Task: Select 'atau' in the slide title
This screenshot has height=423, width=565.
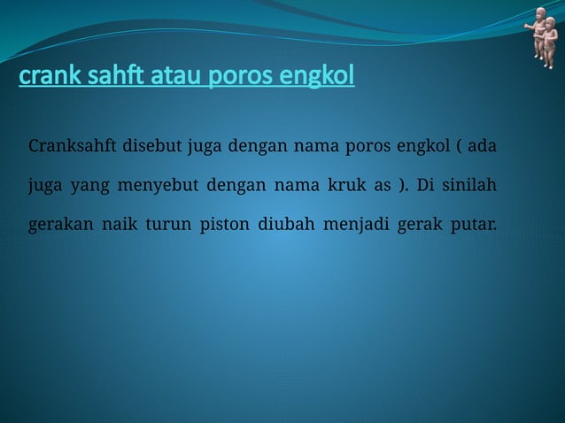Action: tap(173, 79)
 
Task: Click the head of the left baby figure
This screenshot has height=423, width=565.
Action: tap(540, 16)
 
